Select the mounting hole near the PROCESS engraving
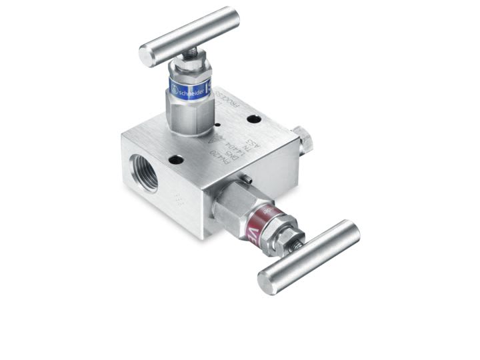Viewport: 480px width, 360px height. [x=254, y=119]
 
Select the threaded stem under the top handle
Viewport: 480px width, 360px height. [x=191, y=53]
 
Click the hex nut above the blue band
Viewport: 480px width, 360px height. [x=189, y=67]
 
